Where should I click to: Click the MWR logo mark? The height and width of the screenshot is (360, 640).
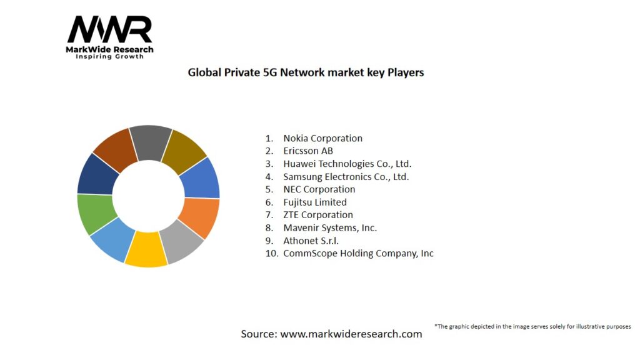tap(110, 30)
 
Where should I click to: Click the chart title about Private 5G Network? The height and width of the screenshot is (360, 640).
tap(306, 72)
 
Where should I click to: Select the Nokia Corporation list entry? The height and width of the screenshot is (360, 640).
tap(322, 138)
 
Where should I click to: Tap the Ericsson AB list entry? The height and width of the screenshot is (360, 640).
tap(308, 151)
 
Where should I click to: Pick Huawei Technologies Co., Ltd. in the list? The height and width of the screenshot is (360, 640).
tap(347, 164)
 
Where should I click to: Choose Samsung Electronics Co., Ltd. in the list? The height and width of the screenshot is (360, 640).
tap(346, 177)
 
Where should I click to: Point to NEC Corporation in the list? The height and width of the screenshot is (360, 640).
tap(319, 189)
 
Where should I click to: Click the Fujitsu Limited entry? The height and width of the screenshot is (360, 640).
tap(314, 202)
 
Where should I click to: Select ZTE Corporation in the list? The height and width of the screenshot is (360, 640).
tap(317, 215)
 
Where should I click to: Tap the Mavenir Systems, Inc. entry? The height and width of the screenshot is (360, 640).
tap(330, 228)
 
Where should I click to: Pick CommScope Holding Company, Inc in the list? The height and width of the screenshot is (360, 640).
tap(358, 254)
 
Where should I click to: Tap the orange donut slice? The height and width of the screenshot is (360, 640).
tap(201, 217)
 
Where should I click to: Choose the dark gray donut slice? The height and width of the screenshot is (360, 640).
tap(151, 142)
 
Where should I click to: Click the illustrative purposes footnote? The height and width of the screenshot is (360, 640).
tap(532, 327)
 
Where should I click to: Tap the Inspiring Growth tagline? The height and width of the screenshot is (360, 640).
tap(110, 57)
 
